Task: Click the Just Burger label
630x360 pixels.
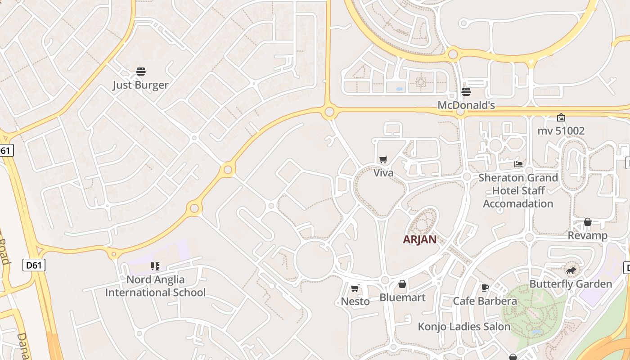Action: [140, 85]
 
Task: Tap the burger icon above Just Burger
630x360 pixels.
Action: [141, 72]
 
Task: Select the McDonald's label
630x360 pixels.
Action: [466, 105]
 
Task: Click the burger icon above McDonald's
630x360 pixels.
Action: [466, 92]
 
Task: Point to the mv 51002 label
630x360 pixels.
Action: [561, 131]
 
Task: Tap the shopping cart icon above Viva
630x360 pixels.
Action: [383, 159]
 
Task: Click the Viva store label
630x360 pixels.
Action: [383, 173]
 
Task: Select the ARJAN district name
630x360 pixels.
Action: [419, 239]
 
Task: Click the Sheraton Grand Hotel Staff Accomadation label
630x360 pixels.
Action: [518, 190]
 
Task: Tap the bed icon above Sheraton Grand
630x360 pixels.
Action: [518, 164]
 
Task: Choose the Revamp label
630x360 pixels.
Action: [588, 235]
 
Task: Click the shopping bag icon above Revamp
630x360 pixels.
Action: [588, 222]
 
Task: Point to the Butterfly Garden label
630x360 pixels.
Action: [571, 284]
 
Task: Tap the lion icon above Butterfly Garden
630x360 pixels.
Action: [571, 270]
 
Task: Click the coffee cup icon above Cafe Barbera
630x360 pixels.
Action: [485, 288]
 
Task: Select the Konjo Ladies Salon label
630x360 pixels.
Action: [464, 327]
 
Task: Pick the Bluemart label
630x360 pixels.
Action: [402, 297]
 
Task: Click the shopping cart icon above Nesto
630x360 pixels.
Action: [355, 288]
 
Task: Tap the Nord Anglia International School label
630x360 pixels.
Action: [155, 286]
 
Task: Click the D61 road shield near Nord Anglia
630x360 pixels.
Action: [34, 265]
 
